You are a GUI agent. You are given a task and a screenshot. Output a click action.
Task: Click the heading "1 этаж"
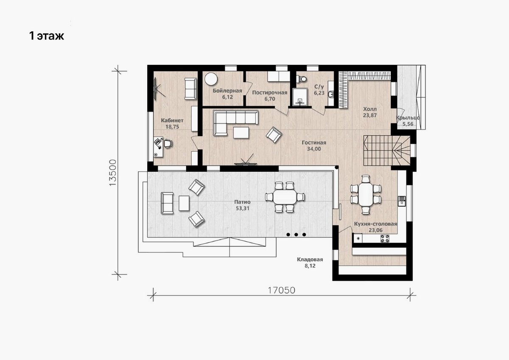[x=47, y=36]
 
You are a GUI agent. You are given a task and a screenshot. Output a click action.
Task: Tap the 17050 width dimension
[x=282, y=290]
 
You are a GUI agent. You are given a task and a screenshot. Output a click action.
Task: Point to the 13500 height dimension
[x=113, y=173]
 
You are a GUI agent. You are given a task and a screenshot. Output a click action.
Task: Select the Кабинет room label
[x=172, y=120]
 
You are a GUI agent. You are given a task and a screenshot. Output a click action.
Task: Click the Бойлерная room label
[x=227, y=91]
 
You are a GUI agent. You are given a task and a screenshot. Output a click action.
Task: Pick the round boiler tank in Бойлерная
[x=211, y=79]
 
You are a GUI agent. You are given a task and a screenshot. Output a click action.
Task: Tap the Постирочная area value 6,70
[x=270, y=99]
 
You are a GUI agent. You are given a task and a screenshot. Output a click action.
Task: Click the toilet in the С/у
[x=302, y=79]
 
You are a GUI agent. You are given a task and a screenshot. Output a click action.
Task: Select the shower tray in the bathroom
[x=300, y=97]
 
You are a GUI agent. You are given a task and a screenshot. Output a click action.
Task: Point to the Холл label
[x=370, y=109]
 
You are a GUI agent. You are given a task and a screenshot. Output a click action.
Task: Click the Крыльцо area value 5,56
[x=408, y=124]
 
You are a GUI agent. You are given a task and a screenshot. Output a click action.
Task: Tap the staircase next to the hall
[x=387, y=151]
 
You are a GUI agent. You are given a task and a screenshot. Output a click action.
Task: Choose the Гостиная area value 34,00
[x=314, y=149]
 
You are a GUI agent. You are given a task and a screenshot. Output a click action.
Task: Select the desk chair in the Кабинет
[x=168, y=144]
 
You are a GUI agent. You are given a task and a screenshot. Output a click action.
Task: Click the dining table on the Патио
[x=285, y=197]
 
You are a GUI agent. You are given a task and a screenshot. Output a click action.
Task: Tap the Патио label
[x=243, y=202]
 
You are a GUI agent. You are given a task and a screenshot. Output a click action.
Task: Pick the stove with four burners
[x=385, y=238]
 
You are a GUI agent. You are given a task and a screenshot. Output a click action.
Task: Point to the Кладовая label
[x=310, y=260]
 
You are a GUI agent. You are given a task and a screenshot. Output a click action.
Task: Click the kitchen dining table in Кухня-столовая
[x=366, y=195]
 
